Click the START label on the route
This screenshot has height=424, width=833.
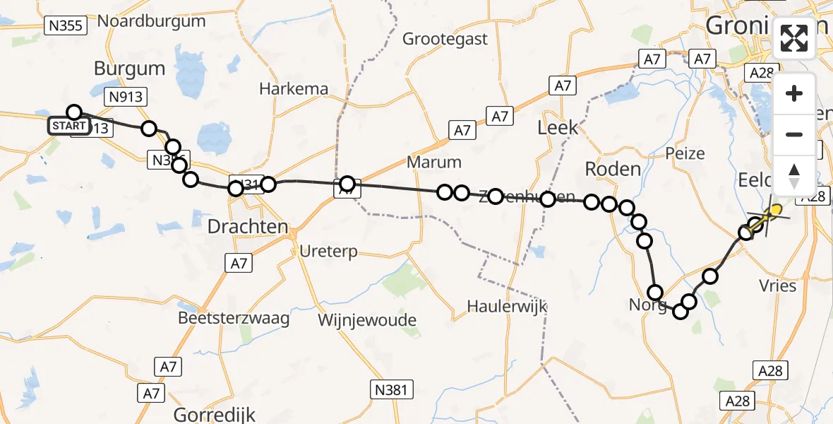(x=68, y=126)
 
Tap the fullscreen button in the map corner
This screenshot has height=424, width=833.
(x=794, y=39)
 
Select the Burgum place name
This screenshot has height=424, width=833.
(x=129, y=69)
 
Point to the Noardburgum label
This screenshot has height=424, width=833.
(x=151, y=20)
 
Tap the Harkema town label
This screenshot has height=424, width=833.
(x=294, y=89)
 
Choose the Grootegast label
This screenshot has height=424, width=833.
(x=445, y=39)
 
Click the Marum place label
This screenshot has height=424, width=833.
(x=434, y=162)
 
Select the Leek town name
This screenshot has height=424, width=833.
(x=558, y=127)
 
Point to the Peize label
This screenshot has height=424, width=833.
(x=685, y=153)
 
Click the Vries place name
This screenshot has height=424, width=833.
(x=779, y=285)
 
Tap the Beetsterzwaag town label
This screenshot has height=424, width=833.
(x=234, y=318)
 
